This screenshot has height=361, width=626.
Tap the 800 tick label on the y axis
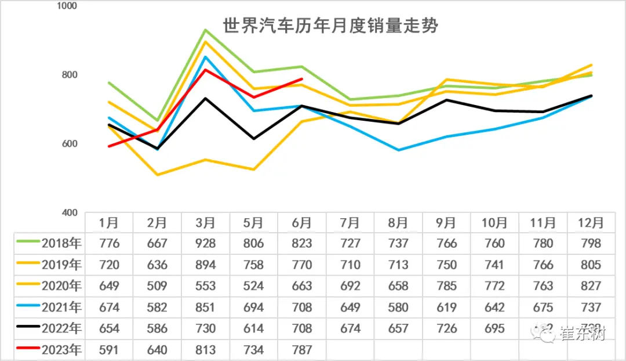pos(70,75)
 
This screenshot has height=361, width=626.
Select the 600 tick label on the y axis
pos(70,144)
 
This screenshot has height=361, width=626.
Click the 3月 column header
pos(205,223)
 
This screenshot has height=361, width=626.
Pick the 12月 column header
pos(591,223)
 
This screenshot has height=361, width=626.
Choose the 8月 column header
pos(398,223)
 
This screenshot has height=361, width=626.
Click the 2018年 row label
pos(61,244)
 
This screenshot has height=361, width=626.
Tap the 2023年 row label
pos(61,350)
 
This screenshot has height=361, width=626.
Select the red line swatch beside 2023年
pos(28,349)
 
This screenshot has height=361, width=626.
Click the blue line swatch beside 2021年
pos(28,307)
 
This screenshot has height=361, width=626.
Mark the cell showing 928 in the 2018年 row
pos(205,244)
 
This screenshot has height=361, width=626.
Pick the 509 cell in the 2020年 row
pos(157,286)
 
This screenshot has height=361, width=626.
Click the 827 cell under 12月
pos(591,286)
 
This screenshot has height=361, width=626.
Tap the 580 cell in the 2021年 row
pos(398,307)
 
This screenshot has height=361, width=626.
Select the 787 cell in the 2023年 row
pos(301,350)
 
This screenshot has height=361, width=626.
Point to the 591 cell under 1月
pos(109,350)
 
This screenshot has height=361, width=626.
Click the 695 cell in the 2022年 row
pos(494,328)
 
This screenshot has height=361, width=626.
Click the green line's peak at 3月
pos(205,30)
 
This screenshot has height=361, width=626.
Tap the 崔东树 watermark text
pos(582,334)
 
